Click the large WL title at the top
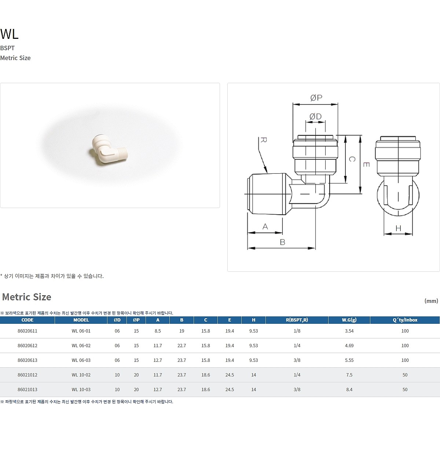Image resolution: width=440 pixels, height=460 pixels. (x=9, y=34)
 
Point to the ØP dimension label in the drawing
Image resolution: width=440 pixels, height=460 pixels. (x=316, y=98)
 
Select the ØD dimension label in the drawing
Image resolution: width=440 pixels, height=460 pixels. (x=315, y=116)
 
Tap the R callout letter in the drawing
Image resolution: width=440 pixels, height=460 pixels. (x=264, y=140)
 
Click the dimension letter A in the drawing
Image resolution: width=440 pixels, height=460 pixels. (x=265, y=226)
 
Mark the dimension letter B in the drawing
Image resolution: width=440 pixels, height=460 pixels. (x=282, y=242)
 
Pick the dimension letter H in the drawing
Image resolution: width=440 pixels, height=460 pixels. (x=398, y=228)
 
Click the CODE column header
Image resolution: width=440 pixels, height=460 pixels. (x=27, y=320)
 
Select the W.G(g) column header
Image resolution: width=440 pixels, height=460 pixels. (x=349, y=320)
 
